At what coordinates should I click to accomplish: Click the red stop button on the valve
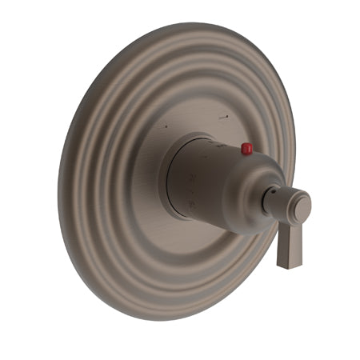246,149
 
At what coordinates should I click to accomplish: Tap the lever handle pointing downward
289,244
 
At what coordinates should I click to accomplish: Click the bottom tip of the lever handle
289,265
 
